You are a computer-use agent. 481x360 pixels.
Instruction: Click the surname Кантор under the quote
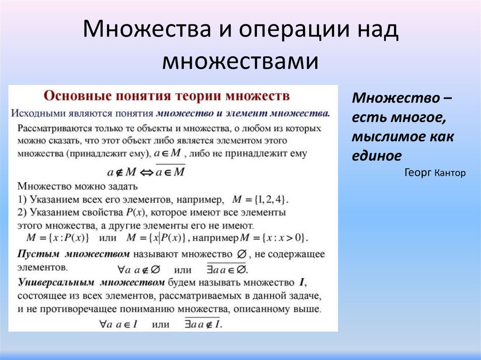450,173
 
